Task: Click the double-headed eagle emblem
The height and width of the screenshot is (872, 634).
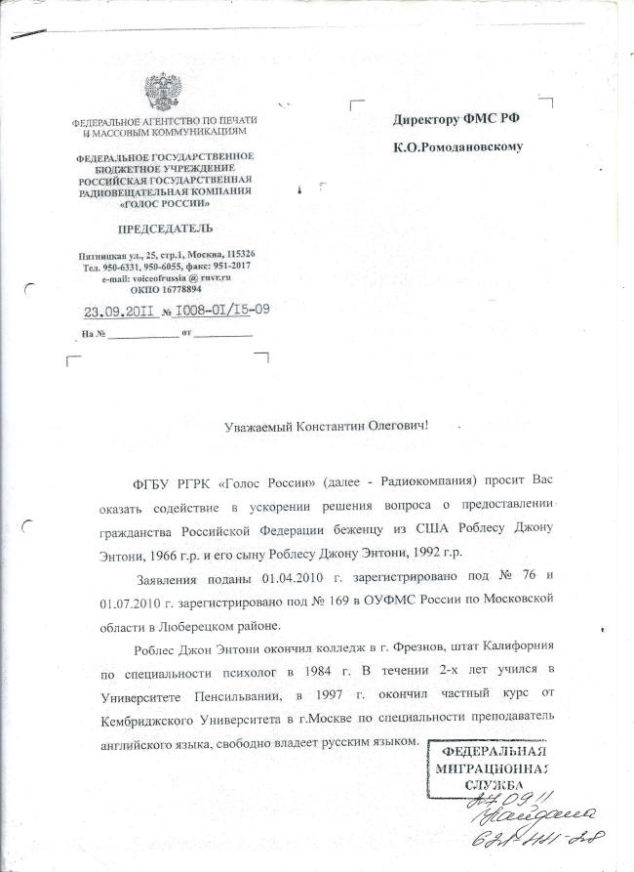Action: tap(162, 94)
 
